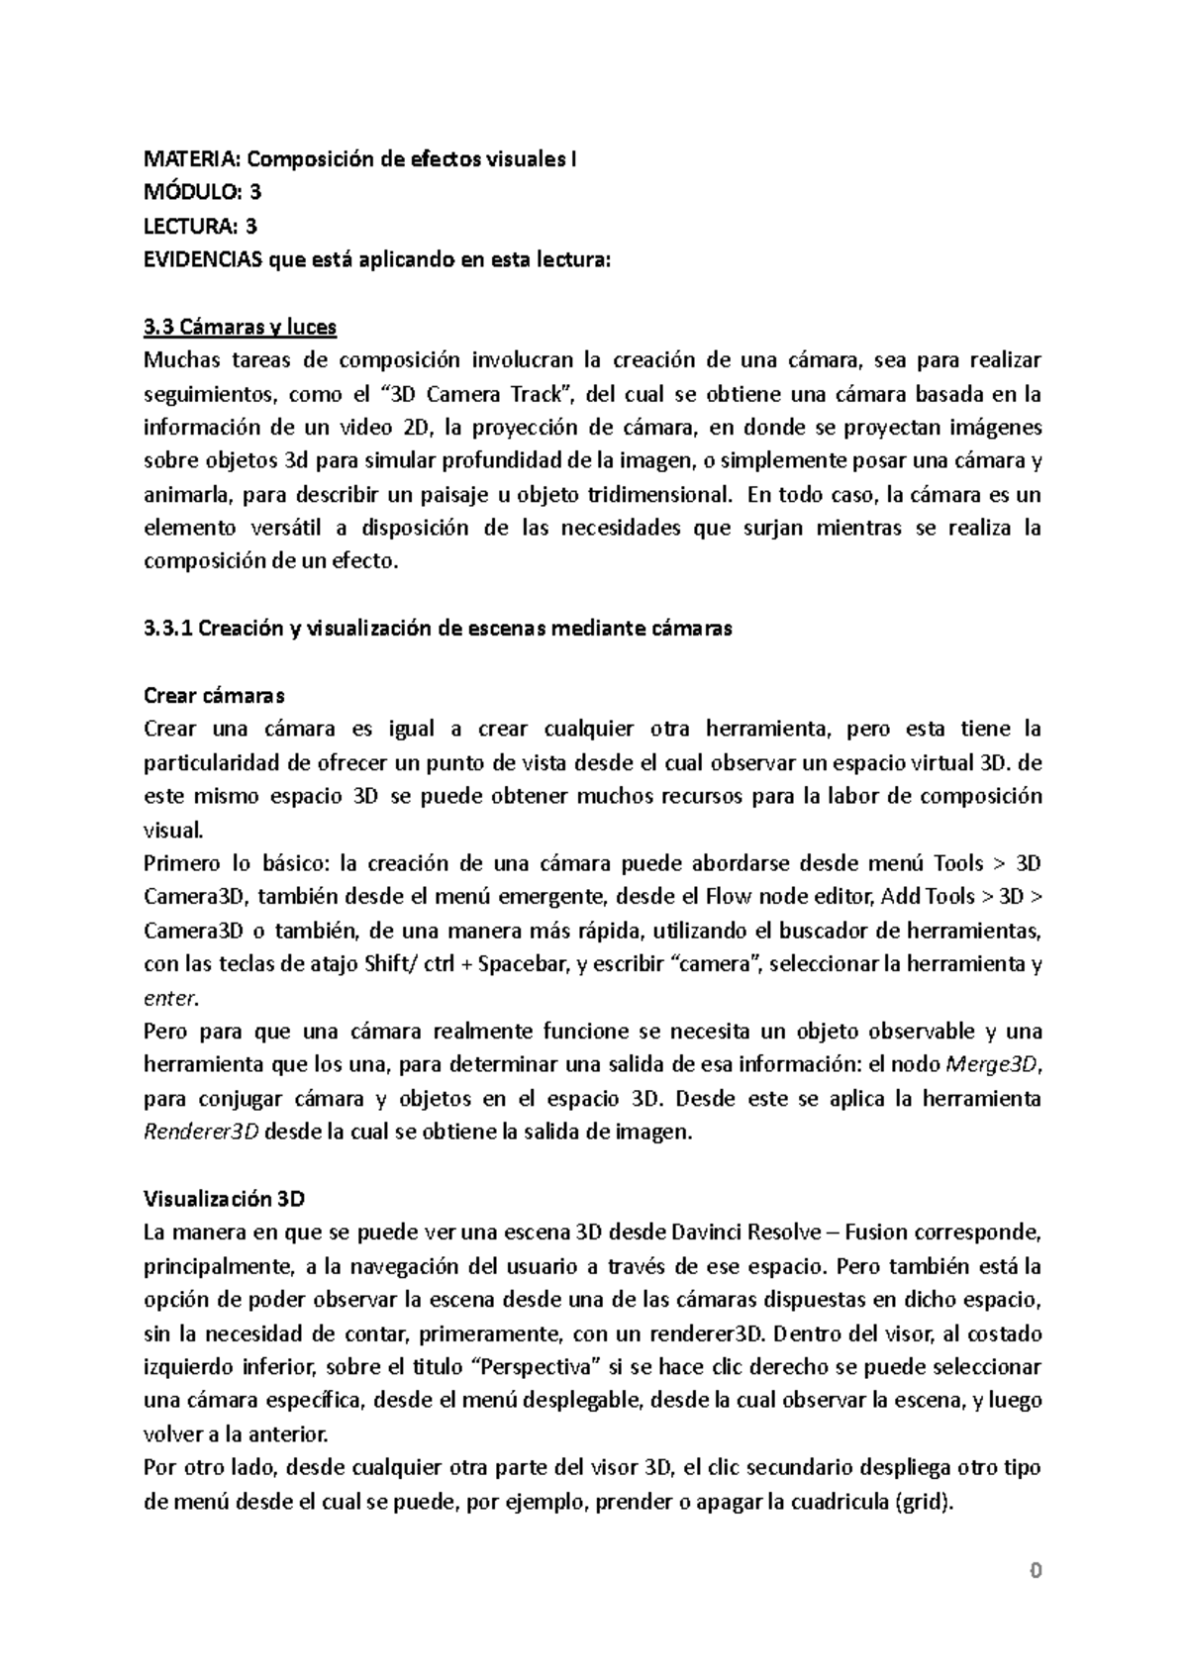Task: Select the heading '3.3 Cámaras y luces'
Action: (x=240, y=327)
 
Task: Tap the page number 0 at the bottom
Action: (x=1036, y=1570)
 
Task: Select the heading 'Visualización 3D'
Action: (x=224, y=1199)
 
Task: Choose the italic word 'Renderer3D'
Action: (x=201, y=1133)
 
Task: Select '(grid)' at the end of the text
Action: (x=924, y=1502)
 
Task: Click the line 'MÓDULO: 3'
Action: (x=203, y=192)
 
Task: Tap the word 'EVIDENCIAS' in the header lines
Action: (x=203, y=259)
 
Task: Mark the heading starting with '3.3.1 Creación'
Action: (x=438, y=629)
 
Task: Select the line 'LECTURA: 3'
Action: (x=201, y=226)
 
